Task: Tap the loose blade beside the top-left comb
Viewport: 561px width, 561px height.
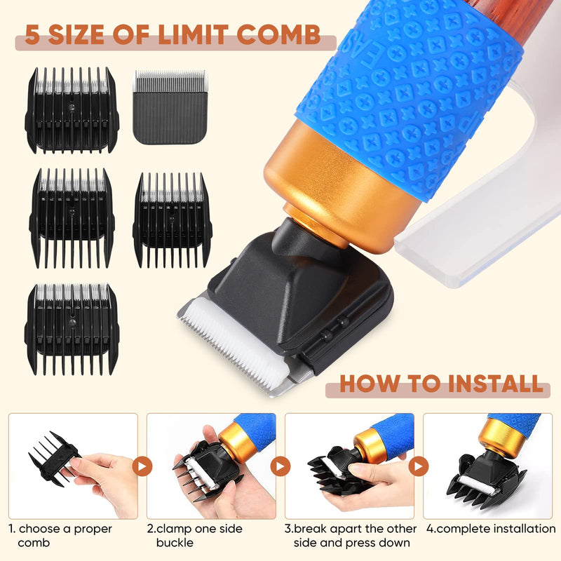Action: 169,107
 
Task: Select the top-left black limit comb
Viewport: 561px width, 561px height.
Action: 72,110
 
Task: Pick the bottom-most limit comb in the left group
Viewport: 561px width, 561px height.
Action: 72,327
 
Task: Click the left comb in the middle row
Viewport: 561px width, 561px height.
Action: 72,217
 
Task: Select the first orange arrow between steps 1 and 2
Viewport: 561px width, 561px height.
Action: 142,466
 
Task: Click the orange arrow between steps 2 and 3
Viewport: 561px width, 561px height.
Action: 280,466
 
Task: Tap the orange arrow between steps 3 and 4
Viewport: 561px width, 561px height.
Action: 419,466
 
